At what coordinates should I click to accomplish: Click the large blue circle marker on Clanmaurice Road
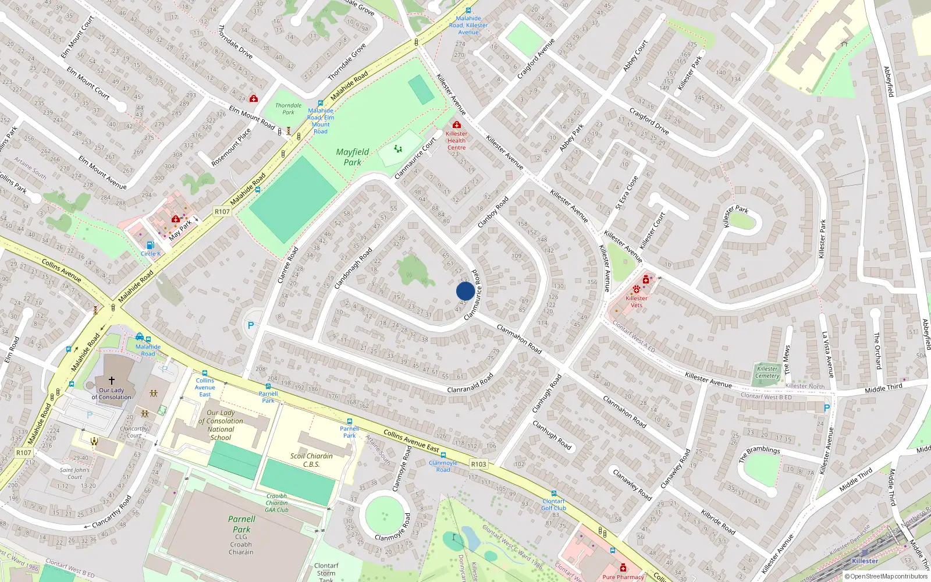[x=465, y=291]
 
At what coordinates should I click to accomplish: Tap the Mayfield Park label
[x=352, y=157]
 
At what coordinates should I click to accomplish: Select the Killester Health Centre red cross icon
[x=457, y=125]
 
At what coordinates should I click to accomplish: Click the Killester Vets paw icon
[x=636, y=289]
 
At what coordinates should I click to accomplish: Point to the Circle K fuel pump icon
[x=150, y=245]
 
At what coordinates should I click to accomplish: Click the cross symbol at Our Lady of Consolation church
[x=112, y=380]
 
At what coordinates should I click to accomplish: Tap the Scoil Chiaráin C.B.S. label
[x=311, y=460]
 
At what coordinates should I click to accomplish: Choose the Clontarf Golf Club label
[x=553, y=505]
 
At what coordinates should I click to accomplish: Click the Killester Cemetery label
[x=767, y=372]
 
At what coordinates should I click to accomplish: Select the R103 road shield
[x=478, y=464]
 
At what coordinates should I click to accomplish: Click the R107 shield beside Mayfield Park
[x=222, y=212]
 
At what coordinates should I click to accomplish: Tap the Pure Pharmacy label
[x=623, y=577]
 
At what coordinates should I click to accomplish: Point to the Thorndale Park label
[x=289, y=109]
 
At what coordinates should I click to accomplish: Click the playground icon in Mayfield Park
[x=398, y=149]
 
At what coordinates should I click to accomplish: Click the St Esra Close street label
[x=627, y=193]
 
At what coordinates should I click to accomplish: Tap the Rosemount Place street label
[x=232, y=147]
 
